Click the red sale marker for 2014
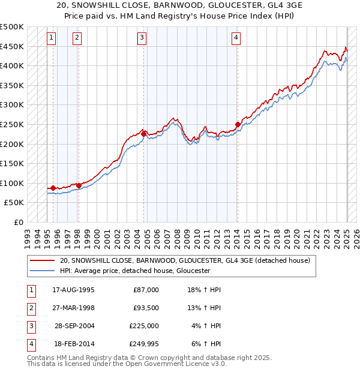tap(238, 125)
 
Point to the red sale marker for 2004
tap(144, 134)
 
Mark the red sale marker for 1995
tap(53, 188)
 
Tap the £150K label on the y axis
tap(12, 163)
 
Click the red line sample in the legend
tap(43, 261)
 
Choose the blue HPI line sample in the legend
tap(43, 271)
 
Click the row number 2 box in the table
tap(31, 308)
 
